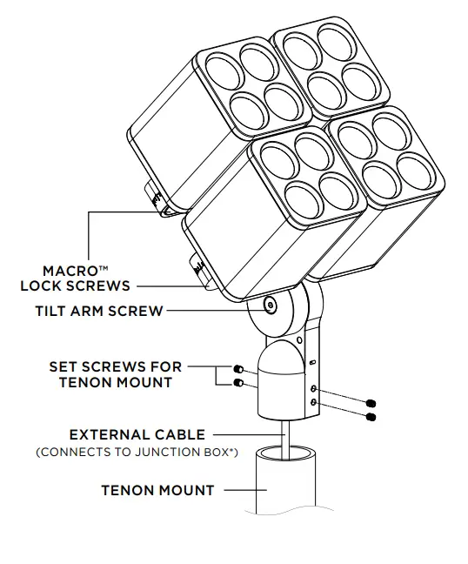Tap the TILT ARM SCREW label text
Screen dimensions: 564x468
pyautogui.click(x=99, y=311)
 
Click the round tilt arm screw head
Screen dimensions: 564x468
pyautogui.click(x=270, y=306)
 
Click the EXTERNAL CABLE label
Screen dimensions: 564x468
pyautogui.click(x=137, y=434)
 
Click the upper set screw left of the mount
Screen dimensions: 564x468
pyautogui.click(x=237, y=368)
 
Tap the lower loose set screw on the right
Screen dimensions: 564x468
pyautogui.click(x=371, y=418)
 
